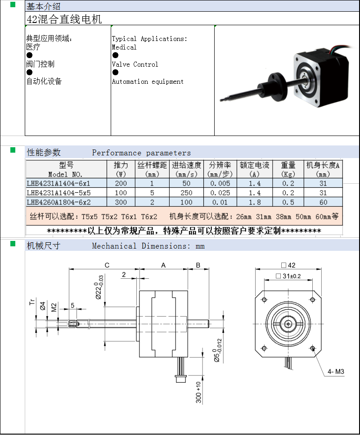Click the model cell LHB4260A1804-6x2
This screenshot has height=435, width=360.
pyautogui.click(x=58, y=202)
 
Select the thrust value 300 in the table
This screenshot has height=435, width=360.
pyautogui.click(x=121, y=202)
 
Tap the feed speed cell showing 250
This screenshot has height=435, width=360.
pyautogui.click(x=187, y=193)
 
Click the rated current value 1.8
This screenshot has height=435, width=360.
pyautogui.click(x=255, y=202)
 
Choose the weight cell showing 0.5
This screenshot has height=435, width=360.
pyautogui.click(x=288, y=202)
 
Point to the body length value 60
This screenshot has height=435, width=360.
pyautogui.click(x=323, y=202)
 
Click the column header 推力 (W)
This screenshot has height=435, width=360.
pyautogui.click(x=121, y=169)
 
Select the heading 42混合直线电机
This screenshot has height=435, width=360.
pyautogui.click(x=64, y=19)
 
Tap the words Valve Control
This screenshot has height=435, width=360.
pyautogui.click(x=135, y=64)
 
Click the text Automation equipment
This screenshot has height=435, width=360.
pyautogui.click(x=148, y=82)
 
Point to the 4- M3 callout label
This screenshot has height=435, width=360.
pyautogui.click(x=336, y=372)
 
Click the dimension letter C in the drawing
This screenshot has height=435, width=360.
pyautogui.click(x=107, y=265)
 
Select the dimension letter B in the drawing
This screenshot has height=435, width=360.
pyautogui.click(x=198, y=265)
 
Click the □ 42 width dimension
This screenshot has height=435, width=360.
pyautogui.click(x=288, y=265)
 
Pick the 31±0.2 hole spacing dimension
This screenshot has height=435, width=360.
pyautogui.click(x=288, y=276)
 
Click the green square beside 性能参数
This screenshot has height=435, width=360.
pyautogui.click(x=13, y=150)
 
